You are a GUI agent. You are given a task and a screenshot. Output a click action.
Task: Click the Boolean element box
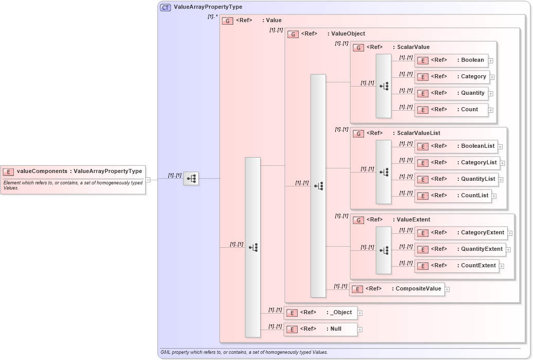point(451,60)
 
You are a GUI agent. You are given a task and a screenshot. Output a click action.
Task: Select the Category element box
point(452,77)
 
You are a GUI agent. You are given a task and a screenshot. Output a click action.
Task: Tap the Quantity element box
point(451,93)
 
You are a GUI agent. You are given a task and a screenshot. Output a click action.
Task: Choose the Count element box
point(451,110)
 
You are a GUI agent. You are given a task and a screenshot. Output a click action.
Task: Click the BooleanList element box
point(456,146)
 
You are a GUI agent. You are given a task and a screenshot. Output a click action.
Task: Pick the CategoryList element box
point(457,163)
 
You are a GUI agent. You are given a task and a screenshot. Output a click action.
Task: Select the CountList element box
point(453,196)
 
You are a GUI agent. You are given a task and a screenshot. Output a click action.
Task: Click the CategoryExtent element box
point(460,233)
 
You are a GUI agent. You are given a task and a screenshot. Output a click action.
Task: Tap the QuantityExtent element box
point(460,249)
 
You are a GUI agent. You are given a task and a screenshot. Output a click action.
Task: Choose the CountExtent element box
point(457,266)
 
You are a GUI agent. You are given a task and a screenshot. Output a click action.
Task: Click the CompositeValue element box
point(397,289)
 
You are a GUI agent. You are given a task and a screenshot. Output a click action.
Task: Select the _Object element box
point(320,313)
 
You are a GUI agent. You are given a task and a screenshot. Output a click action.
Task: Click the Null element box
point(320,329)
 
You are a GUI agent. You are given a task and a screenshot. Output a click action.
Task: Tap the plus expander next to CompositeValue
point(447,289)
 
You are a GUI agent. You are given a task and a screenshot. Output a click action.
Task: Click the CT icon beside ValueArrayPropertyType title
point(165,7)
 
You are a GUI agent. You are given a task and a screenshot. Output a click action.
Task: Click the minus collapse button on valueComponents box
point(148,180)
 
